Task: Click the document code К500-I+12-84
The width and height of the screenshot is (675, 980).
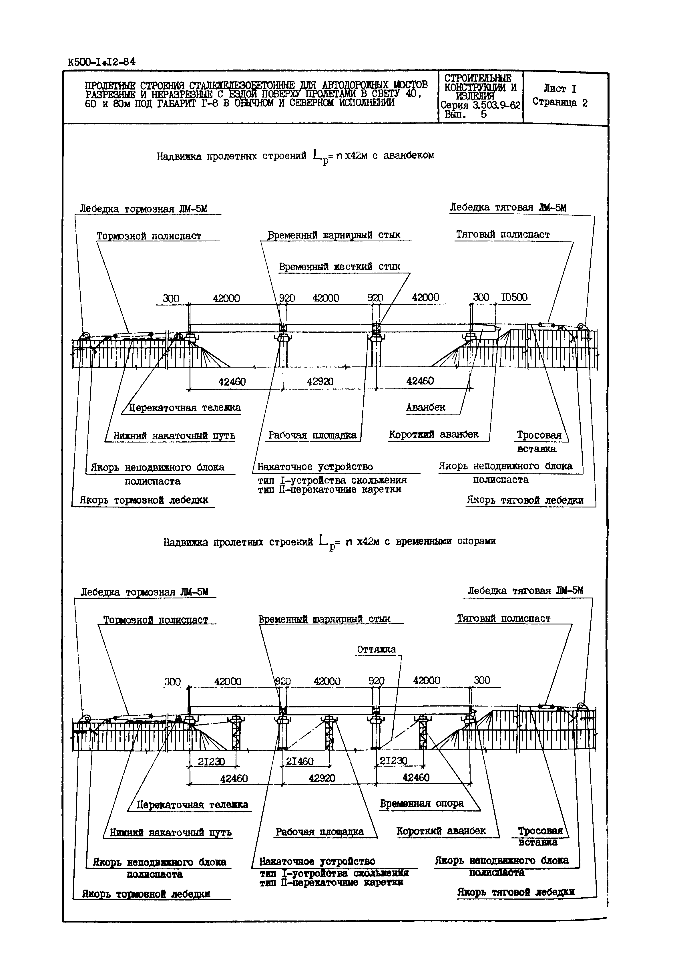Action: point(101,62)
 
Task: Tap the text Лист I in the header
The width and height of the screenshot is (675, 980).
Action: point(559,89)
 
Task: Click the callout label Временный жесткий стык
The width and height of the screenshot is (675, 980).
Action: point(339,267)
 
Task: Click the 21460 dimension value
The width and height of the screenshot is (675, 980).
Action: point(300,762)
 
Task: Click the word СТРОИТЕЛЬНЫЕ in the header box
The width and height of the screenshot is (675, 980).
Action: point(478,79)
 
